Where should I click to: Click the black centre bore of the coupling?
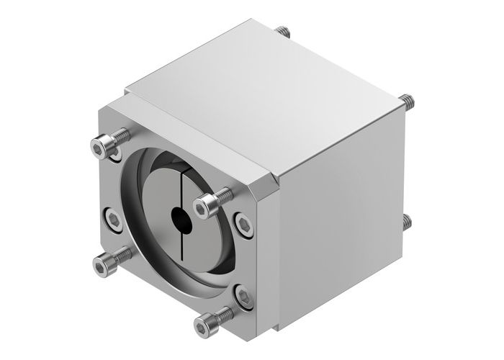179,216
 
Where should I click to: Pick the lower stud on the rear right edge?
408,221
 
